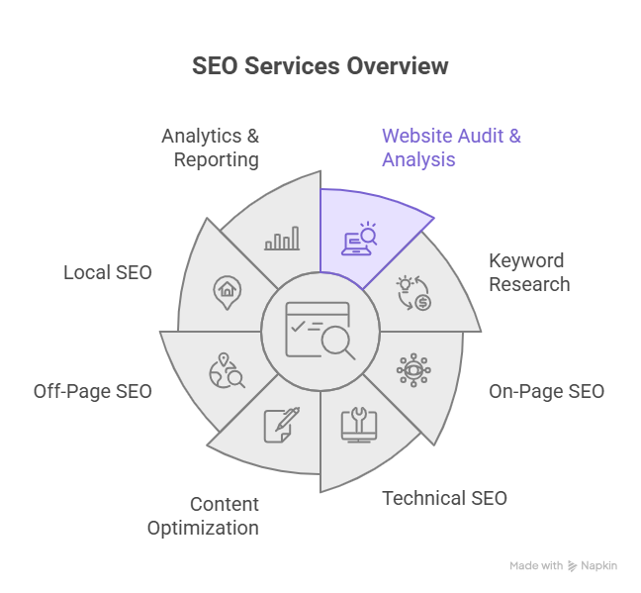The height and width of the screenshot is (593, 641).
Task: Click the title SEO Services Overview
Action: coord(320,66)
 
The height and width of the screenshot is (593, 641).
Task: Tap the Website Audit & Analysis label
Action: coord(451,147)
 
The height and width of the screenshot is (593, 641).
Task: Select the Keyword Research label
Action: coord(528,272)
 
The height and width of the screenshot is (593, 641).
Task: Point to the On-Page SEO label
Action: coord(546,391)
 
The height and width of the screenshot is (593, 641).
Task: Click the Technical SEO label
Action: coord(444,498)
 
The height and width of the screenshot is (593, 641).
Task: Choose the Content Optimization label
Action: coord(203,516)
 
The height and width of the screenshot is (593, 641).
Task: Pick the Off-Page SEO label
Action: coord(93,391)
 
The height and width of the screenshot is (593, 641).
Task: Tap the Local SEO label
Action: coord(108,271)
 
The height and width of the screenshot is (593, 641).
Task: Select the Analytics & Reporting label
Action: coord(211,147)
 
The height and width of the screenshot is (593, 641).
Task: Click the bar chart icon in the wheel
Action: coord(281,239)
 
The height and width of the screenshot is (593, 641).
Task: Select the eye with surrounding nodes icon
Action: coord(412,369)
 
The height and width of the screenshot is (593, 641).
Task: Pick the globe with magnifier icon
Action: coord(227,370)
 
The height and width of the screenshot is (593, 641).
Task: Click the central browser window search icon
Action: coord(320,331)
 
